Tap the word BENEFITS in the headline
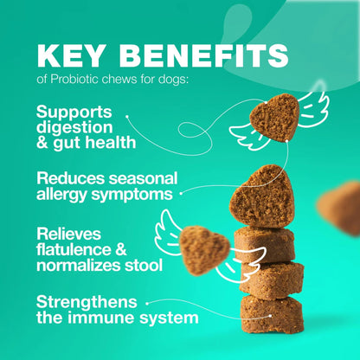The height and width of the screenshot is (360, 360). [x=208, y=56]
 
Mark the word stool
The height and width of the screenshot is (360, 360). [x=141, y=265]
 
